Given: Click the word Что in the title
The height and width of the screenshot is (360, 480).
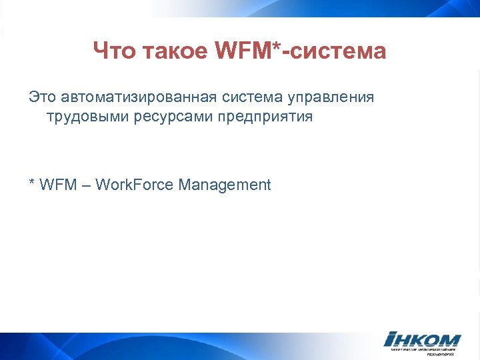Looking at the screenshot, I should click(x=114, y=51).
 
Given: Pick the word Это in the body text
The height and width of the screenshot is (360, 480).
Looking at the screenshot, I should click(x=43, y=97).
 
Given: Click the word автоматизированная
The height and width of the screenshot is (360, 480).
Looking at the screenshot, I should click(x=139, y=97).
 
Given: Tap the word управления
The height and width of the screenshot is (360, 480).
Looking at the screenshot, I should click(x=331, y=98).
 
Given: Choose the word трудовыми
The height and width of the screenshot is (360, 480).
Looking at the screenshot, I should click(x=83, y=118).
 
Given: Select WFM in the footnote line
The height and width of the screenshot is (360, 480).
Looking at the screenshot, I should click(x=58, y=185).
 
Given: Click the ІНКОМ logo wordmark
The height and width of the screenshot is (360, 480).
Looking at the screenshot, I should click(x=422, y=339).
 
